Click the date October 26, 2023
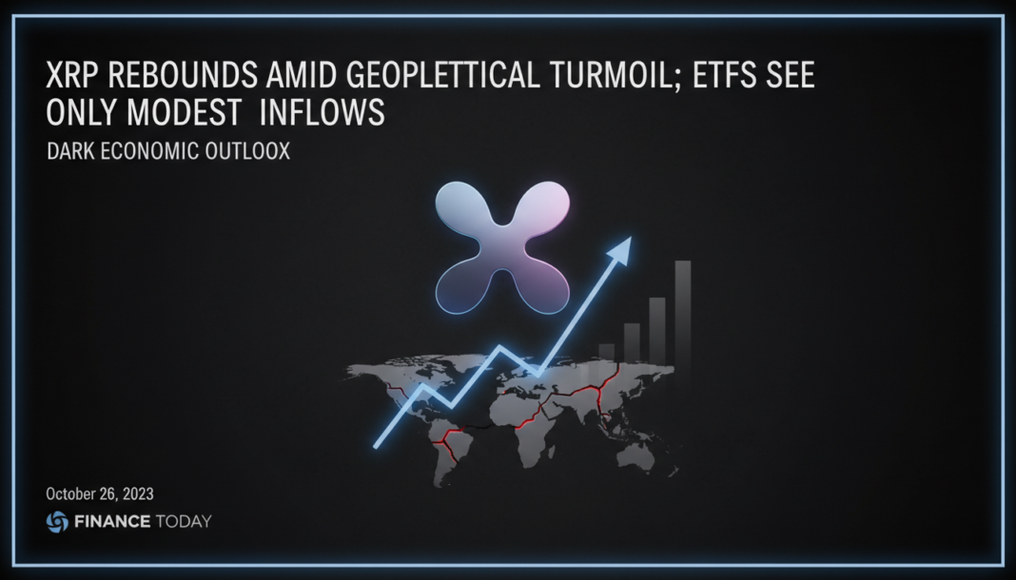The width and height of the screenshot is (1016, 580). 100,494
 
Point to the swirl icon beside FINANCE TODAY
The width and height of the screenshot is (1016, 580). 57,521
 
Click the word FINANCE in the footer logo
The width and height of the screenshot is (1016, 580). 113,521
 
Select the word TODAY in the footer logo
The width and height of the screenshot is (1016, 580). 186,521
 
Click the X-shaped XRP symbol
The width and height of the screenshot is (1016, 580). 502,246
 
